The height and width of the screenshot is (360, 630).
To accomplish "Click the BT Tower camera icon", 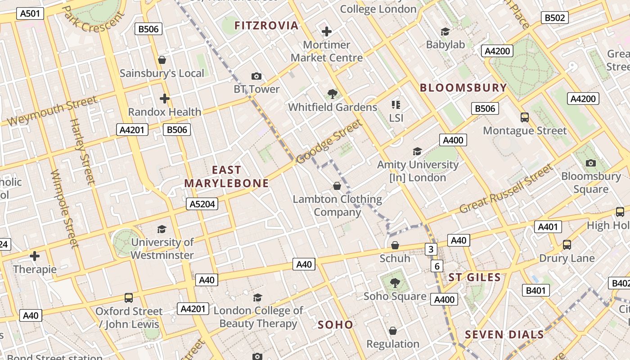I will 256,76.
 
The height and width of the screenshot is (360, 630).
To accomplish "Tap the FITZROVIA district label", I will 266,26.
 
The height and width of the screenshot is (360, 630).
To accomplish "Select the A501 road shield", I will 31,13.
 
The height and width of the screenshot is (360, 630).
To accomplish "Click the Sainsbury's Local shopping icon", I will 162,60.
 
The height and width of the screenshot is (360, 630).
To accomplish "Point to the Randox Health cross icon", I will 165,99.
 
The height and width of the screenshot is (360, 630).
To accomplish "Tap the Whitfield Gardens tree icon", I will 333,94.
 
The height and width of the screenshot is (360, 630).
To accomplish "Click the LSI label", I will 396,118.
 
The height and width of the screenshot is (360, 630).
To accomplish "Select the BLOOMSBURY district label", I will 463,88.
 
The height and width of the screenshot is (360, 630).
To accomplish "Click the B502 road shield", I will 554,18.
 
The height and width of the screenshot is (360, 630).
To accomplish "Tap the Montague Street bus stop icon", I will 525,117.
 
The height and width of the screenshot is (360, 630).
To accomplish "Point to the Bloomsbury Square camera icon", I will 591,163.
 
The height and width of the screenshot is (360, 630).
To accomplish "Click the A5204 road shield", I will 202,204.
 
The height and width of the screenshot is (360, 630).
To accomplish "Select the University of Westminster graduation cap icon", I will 162,229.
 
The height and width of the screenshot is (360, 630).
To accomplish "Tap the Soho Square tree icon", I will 395,283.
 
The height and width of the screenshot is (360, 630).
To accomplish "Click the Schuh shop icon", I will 395,245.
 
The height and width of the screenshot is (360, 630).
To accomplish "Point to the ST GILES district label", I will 474,277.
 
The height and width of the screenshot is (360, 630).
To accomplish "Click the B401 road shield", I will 535,290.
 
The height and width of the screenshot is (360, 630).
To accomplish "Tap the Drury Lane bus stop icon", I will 567,245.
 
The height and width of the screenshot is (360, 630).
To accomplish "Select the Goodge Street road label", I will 329,142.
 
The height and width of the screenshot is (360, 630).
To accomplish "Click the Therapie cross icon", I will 35,256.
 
